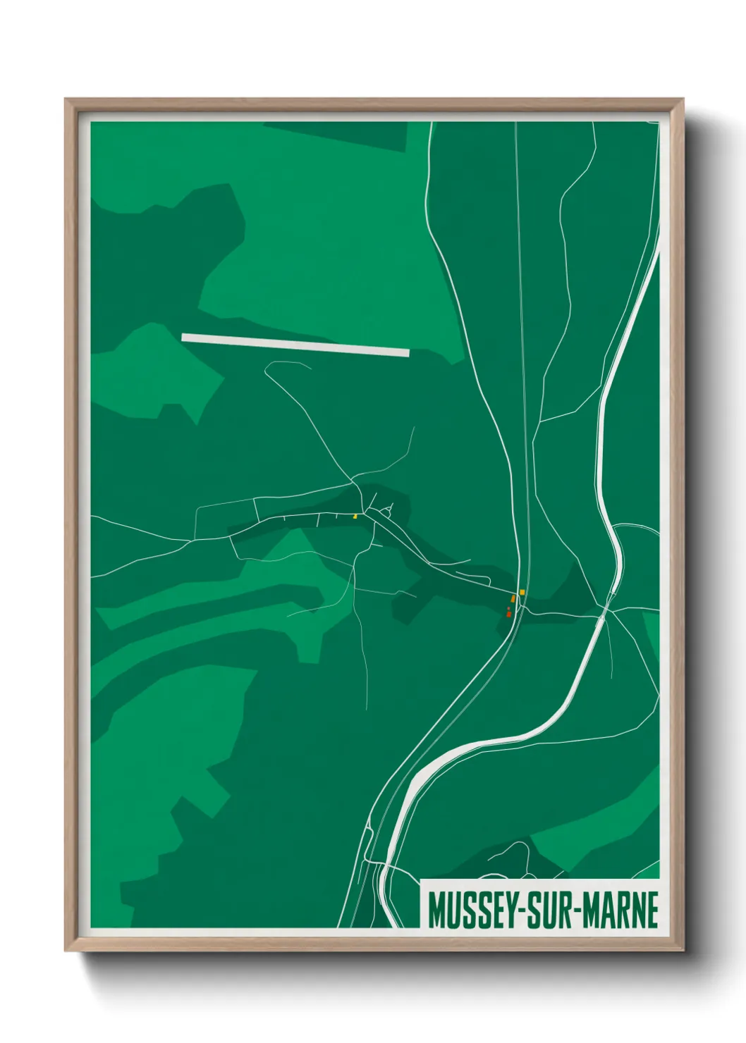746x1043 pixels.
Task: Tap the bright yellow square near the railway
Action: tap(522, 592)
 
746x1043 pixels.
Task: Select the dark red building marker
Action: tap(508, 615)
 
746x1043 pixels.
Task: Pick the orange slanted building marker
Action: tap(513, 598)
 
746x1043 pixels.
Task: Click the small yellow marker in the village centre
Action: tap(355, 517)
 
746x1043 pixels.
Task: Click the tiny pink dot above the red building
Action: tap(508, 607)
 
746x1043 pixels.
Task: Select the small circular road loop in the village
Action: tap(386, 513)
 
